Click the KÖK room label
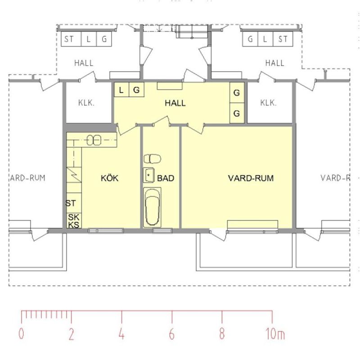109,178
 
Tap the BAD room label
165,178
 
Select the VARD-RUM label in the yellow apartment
251,178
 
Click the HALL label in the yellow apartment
175,103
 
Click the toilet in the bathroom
153,158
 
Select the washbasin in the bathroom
149,175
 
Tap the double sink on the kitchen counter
94,140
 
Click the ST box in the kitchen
71,203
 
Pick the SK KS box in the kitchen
73,220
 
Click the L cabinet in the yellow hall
121,90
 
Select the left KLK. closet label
86,103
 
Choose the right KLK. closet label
268,103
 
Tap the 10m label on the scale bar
274,334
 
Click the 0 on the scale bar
22,334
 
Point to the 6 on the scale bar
172,334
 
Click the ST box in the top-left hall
69,39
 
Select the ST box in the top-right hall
283,39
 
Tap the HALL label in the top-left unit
84,63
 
